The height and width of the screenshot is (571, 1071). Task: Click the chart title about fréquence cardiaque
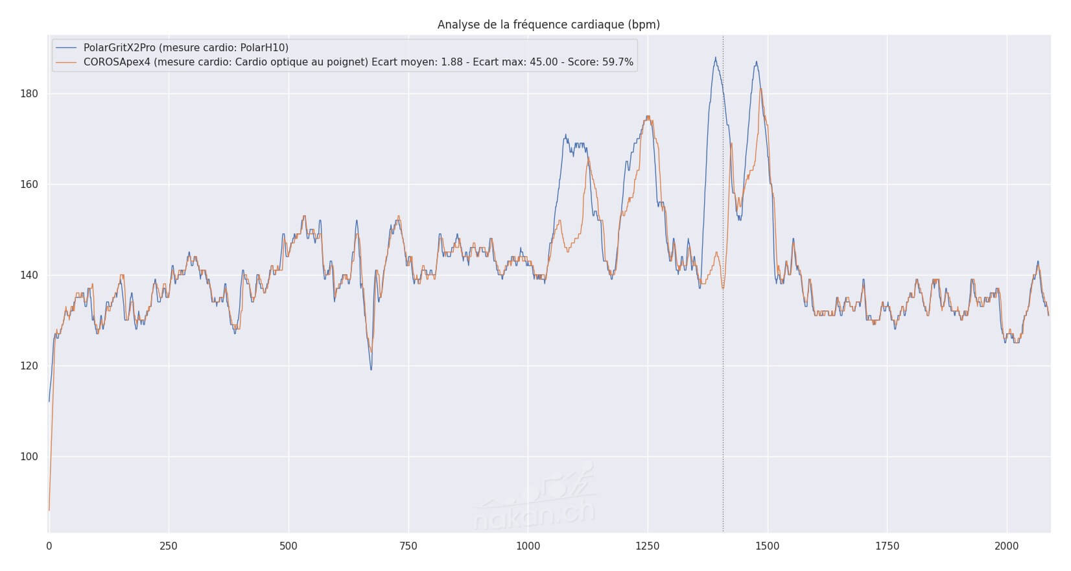point(548,25)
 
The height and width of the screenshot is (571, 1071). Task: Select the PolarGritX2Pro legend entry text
point(186,48)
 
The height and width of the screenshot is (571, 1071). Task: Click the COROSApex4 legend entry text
point(359,63)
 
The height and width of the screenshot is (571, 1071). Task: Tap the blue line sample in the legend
point(66,48)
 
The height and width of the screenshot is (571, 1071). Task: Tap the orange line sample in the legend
point(66,63)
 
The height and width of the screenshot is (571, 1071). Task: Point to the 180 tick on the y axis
point(30,94)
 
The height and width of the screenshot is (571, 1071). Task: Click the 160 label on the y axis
point(30,185)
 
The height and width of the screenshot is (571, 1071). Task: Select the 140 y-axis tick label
point(30,275)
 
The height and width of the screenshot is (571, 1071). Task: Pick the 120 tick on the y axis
point(30,366)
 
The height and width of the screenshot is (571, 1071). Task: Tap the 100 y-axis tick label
point(30,457)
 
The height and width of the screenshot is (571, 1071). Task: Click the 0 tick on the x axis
point(49,546)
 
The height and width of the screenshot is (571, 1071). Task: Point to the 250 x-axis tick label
point(169,546)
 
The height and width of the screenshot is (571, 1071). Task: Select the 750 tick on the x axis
point(408,546)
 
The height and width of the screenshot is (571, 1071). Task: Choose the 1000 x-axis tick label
point(528,546)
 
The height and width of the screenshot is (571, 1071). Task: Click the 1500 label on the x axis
point(768,546)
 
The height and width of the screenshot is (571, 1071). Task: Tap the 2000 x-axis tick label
point(1007,546)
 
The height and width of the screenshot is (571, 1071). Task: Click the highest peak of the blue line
point(716,58)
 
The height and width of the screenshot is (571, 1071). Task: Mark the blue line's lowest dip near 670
point(371,369)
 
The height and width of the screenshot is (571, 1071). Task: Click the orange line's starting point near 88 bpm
point(49,510)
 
